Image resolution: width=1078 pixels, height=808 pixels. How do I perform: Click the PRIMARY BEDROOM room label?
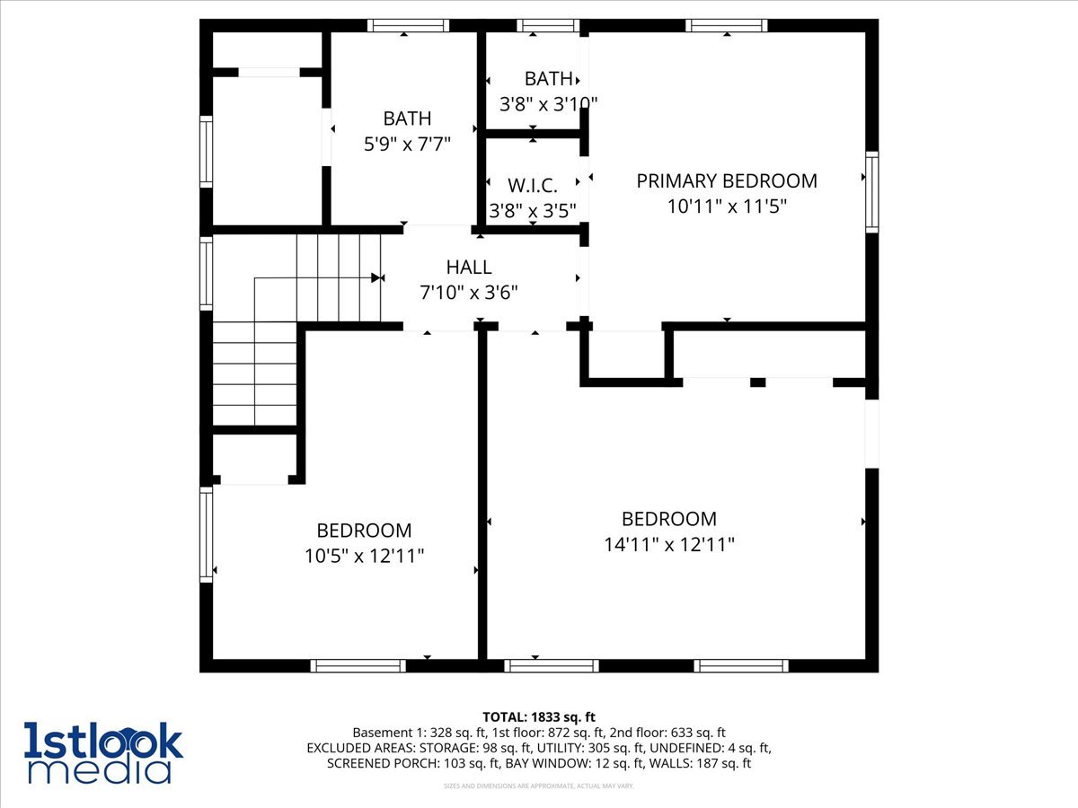point(727,180)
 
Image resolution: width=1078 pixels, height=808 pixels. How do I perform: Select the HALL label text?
point(469,267)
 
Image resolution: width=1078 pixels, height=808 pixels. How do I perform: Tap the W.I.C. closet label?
point(533,186)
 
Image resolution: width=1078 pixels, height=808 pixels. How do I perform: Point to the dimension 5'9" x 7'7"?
point(407,143)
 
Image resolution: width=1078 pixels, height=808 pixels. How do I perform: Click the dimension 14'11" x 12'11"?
point(669,544)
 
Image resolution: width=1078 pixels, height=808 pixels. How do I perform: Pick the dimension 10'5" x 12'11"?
point(364,556)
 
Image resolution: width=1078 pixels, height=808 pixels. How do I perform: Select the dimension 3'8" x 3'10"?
point(548,103)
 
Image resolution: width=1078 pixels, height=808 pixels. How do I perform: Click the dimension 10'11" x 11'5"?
point(727,206)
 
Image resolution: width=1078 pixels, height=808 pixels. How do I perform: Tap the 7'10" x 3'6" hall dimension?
point(469,292)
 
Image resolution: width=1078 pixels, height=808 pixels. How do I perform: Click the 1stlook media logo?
point(102,752)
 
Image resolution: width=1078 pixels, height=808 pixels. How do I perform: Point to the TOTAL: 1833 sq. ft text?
point(539,716)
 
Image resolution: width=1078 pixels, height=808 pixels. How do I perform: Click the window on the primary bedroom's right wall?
point(871,192)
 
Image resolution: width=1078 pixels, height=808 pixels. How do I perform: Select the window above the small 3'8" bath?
point(548,26)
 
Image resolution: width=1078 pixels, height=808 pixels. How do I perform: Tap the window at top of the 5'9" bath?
point(408,26)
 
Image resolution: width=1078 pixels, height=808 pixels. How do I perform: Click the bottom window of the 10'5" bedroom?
point(358,665)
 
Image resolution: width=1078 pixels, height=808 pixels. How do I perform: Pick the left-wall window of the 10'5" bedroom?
point(207,534)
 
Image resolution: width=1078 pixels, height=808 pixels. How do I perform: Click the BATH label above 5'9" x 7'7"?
point(407,119)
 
